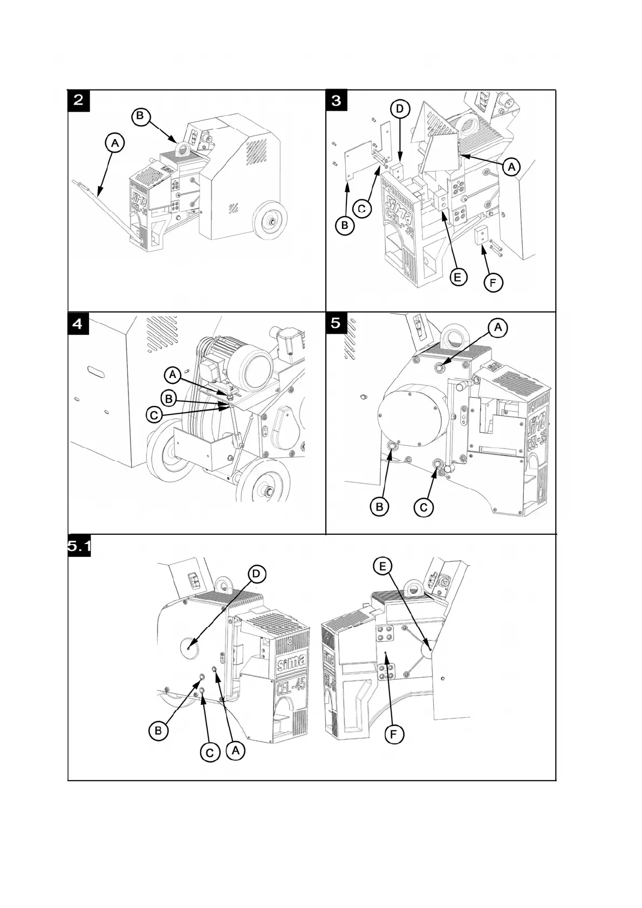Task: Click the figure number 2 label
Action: point(79,101)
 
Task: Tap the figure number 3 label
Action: point(337,101)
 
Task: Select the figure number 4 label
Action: point(78,324)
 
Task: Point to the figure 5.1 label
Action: point(79,547)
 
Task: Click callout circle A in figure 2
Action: point(114,143)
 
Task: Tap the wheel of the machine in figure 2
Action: point(271,220)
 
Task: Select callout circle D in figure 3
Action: point(400,109)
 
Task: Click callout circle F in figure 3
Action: point(493,282)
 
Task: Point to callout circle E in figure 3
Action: point(457,277)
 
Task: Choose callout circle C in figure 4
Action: point(155,415)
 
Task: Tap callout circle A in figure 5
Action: point(498,327)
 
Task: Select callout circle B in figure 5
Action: point(379,506)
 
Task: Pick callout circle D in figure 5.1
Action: point(256,574)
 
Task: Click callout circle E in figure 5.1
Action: point(383,566)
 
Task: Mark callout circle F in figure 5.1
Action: point(394,734)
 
